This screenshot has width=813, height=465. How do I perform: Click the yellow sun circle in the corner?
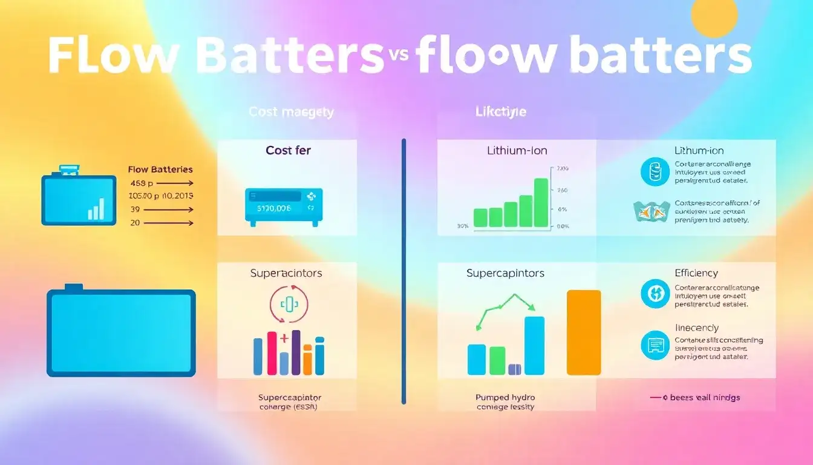pos(714,18)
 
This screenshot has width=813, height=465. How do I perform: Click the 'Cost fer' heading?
pos(287,150)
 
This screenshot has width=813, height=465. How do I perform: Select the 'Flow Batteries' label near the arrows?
pos(161,170)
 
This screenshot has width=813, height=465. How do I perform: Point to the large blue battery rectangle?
pos(121,332)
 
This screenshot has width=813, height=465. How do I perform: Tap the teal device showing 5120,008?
pos(284,206)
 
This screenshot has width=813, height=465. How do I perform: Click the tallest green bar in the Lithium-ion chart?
pos(541,202)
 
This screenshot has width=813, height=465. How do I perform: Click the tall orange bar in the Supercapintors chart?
pos(584,332)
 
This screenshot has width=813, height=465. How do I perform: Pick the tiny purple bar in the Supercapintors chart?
pos(515,369)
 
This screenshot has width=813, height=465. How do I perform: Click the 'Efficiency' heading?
pos(696,273)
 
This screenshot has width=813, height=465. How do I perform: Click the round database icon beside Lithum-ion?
pos(655,171)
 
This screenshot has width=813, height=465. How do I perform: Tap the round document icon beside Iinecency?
pos(655,345)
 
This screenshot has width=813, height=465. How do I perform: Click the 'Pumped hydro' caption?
pos(505,398)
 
